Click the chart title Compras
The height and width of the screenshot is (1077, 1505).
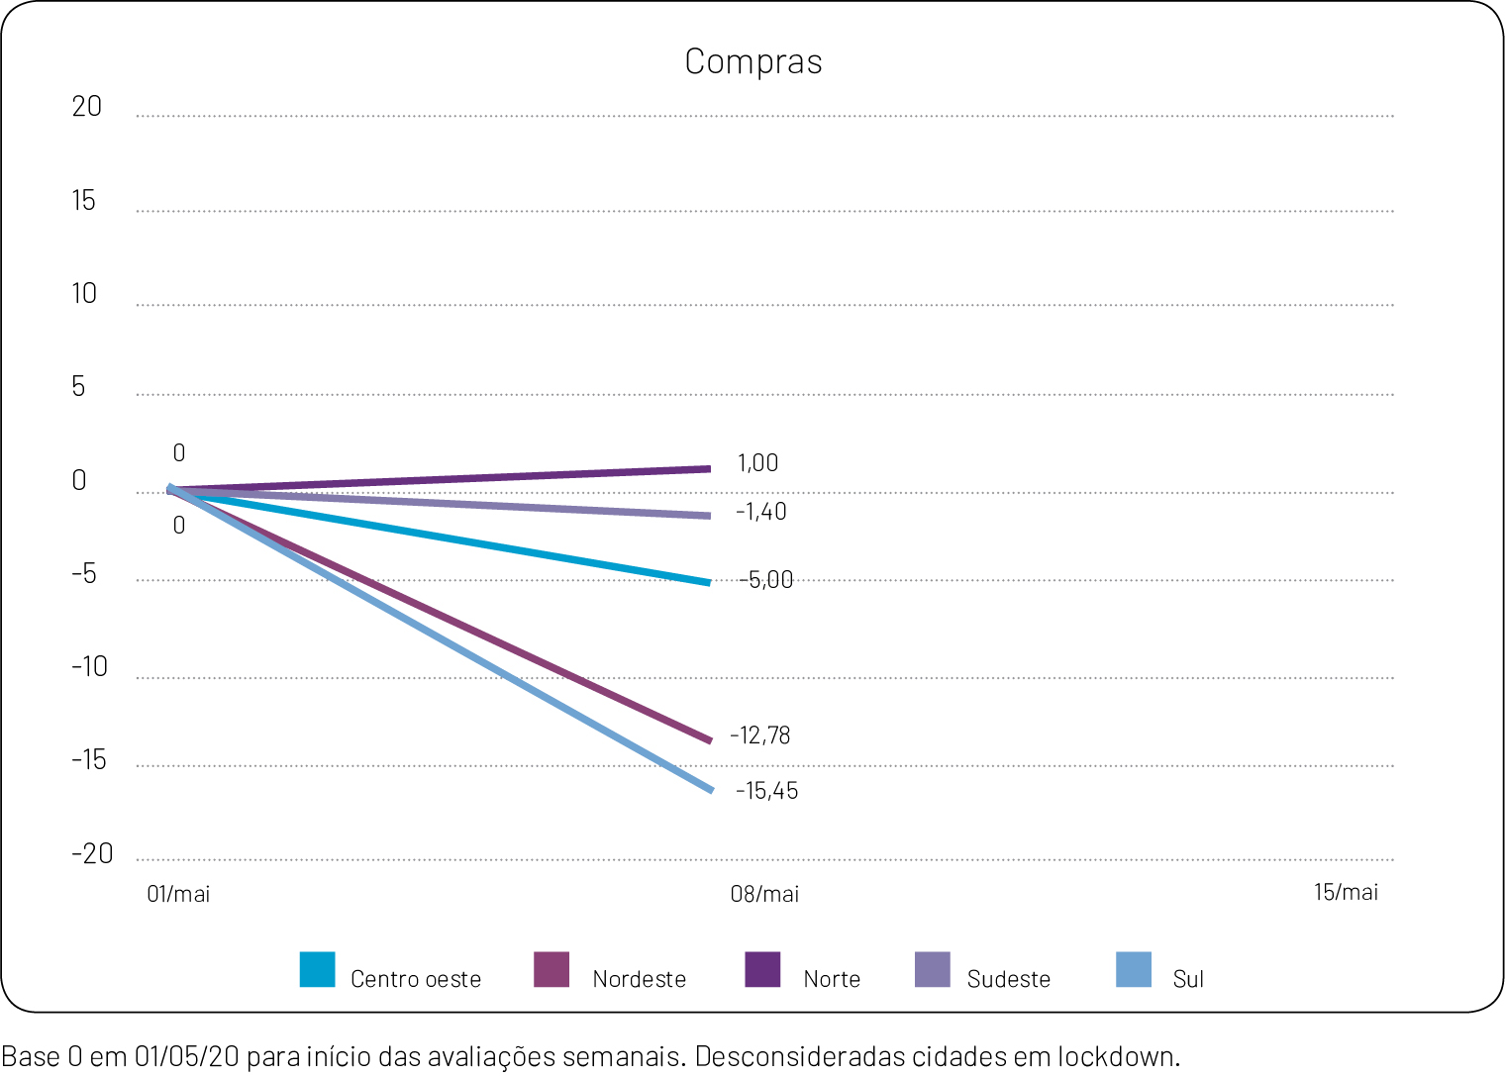pyautogui.click(x=753, y=61)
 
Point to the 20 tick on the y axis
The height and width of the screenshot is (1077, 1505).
pyautogui.click(x=86, y=107)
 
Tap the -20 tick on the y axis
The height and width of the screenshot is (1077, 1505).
pyautogui.click(x=92, y=853)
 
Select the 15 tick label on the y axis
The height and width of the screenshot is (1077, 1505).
pyautogui.click(x=83, y=201)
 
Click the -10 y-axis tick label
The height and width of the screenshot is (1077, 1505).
pyautogui.click(x=89, y=666)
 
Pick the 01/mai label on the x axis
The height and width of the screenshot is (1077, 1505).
pyautogui.click(x=178, y=894)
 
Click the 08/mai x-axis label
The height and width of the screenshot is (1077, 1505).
pyautogui.click(x=764, y=894)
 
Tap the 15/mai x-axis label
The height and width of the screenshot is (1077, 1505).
pyautogui.click(x=1346, y=892)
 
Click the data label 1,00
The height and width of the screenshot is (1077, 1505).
pyautogui.click(x=757, y=463)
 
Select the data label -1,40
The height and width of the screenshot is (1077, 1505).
pyautogui.click(x=760, y=512)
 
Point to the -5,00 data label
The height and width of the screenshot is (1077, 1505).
pyautogui.click(x=766, y=580)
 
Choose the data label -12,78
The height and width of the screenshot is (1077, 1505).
pyautogui.click(x=759, y=735)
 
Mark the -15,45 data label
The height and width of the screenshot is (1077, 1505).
pyautogui.click(x=766, y=791)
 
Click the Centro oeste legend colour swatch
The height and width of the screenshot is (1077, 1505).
pyautogui.click(x=317, y=970)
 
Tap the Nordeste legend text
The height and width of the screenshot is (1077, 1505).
pyautogui.click(x=639, y=979)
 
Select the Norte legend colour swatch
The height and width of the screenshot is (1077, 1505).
pyautogui.click(x=762, y=970)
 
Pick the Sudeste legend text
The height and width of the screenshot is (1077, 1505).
pyautogui.click(x=1008, y=979)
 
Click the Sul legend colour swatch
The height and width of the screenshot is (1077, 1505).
pyautogui.click(x=1134, y=970)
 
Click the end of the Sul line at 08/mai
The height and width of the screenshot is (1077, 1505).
pyautogui.click(x=710, y=789)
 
